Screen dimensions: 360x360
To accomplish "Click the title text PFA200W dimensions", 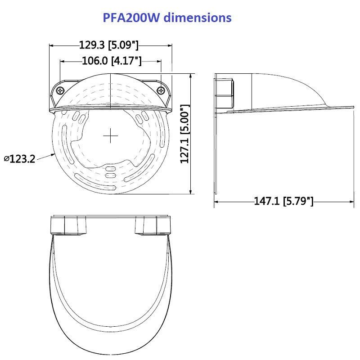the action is tap(167, 18).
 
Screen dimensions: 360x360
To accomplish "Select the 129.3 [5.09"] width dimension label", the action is tap(109, 45).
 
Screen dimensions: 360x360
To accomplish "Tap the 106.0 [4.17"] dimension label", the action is tap(112, 61).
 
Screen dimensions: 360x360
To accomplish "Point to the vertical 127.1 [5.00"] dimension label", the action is tap(185, 134).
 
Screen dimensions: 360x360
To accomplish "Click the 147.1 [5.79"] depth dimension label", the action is tap(283, 201).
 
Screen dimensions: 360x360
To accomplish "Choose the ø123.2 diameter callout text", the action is tap(19, 159).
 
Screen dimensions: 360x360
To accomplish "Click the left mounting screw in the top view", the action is tap(60, 91).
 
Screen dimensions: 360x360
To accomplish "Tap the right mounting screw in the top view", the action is tap(161, 91).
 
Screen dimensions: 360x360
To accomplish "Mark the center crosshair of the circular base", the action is tap(110, 136).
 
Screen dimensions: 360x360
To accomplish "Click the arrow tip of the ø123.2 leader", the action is tap(55, 154).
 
